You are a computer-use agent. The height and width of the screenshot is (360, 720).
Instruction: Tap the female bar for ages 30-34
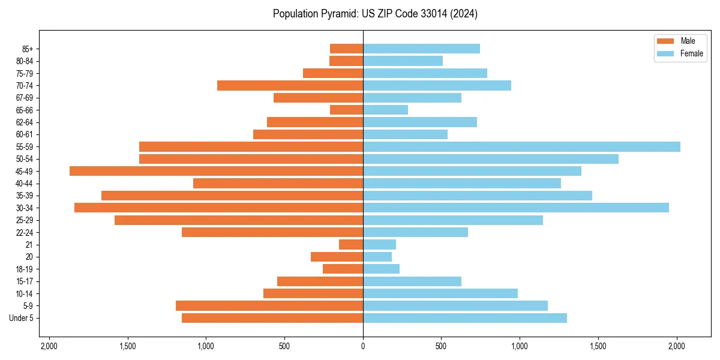[x=516, y=208]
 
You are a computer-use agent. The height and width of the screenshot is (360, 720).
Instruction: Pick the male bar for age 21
[x=351, y=245]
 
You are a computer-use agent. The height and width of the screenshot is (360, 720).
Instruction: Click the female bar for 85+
[x=421, y=49]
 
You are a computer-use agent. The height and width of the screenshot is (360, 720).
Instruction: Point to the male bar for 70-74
[x=290, y=86]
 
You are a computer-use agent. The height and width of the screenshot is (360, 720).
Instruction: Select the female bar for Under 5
[x=465, y=318]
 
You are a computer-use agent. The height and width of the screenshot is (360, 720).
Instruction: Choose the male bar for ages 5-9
[x=269, y=306]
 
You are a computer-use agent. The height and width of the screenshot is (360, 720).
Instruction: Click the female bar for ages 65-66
[x=385, y=110]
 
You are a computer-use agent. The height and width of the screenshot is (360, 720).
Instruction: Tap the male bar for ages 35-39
[x=232, y=196]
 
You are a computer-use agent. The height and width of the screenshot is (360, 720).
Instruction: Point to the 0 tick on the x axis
[x=363, y=346]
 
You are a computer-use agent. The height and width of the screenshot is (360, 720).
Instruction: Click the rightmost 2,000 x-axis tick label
[x=677, y=346]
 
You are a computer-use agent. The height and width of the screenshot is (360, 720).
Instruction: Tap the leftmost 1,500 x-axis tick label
[x=127, y=346]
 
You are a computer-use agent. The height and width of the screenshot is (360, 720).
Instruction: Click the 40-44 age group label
[x=25, y=184]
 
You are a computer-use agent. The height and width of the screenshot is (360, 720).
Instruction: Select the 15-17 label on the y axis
[x=25, y=281]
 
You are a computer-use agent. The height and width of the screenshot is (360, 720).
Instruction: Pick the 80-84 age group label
[x=25, y=61]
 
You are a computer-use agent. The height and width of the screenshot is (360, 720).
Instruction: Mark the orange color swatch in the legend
[x=665, y=41]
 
